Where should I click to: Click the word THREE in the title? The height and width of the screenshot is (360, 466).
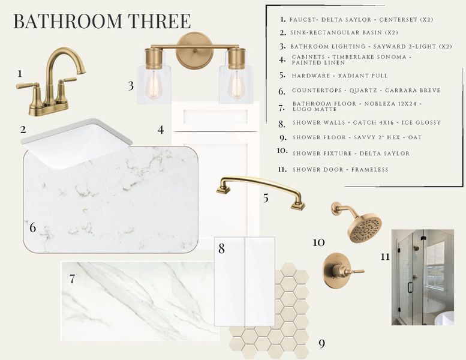160,21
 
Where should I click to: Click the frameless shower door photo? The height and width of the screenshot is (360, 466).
423,277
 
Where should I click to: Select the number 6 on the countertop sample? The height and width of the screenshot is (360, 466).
33,228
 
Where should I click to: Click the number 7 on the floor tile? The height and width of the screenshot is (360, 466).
72,280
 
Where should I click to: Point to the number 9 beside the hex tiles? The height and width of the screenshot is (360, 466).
321,344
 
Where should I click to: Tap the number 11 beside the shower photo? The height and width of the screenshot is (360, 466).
385,256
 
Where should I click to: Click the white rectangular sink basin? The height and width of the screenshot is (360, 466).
76,143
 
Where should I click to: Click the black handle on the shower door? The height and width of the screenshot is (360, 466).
410,287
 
